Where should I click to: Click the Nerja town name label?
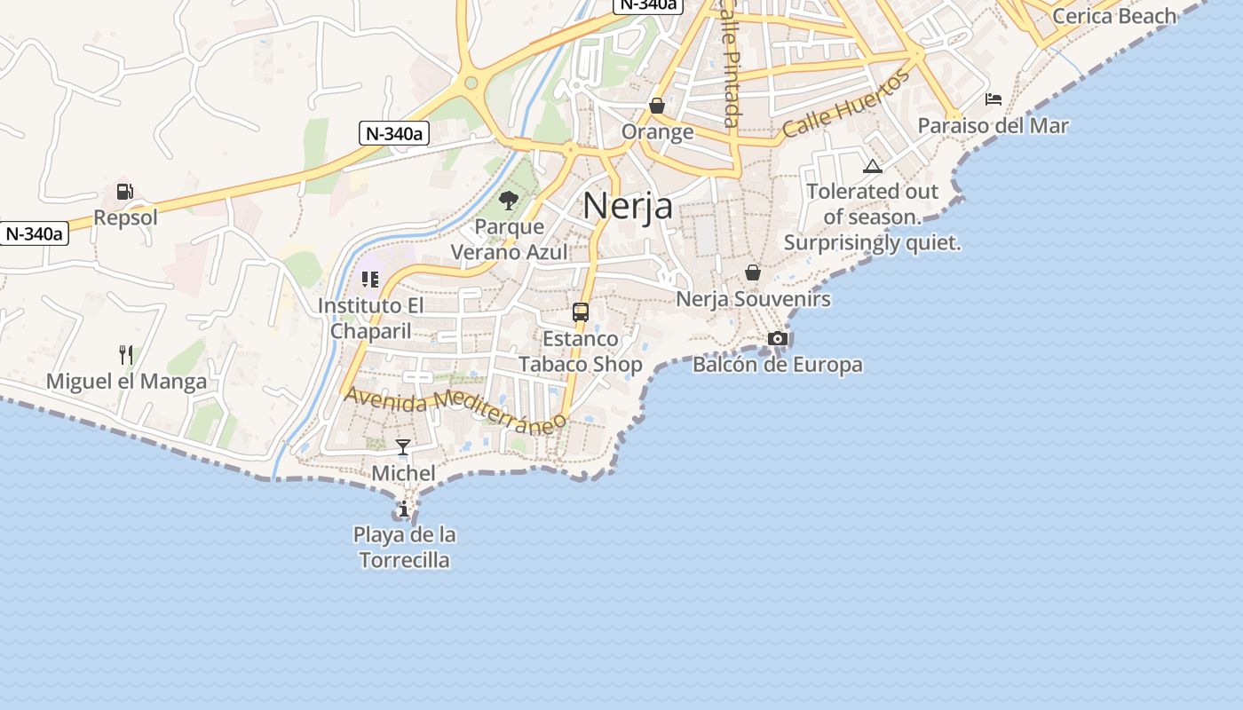[628, 206]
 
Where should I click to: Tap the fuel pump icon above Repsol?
[125, 191]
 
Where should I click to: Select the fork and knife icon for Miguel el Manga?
[126, 355]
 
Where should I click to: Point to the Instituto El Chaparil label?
[371, 318]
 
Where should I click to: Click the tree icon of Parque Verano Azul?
[509, 201]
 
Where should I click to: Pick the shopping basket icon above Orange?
[657, 106]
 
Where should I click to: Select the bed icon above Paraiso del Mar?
[994, 99]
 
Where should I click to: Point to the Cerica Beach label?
[1114, 16]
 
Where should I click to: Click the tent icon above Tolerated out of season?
[873, 166]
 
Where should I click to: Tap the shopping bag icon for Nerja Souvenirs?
[753, 272]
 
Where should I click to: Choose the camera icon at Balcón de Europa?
[778, 338]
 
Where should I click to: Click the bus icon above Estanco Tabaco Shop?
[581, 312]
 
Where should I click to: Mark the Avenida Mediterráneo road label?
[455, 407]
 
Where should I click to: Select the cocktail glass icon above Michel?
[403, 446]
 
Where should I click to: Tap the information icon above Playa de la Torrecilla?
[404, 509]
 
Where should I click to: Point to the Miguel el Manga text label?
[126, 382]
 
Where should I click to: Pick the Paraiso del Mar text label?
[993, 125]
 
